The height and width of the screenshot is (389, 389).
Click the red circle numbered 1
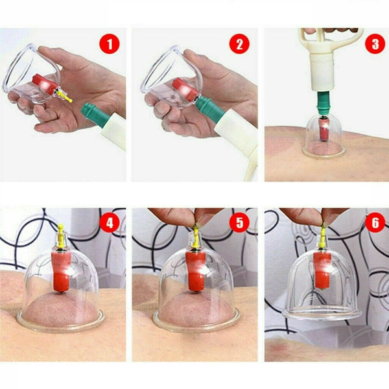click(x=110, y=44)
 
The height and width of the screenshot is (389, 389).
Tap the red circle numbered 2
click(x=239, y=44)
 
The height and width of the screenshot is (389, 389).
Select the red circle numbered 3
click(x=375, y=43)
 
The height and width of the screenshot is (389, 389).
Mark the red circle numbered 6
click(x=375, y=222)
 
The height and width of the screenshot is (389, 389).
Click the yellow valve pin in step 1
click(x=64, y=96)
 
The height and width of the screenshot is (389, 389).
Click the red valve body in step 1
click(x=45, y=84)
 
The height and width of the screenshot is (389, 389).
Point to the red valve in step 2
click(x=185, y=90)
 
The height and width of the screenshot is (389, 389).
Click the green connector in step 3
click(x=322, y=102)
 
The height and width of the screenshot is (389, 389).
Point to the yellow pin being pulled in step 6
click(x=322, y=236)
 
